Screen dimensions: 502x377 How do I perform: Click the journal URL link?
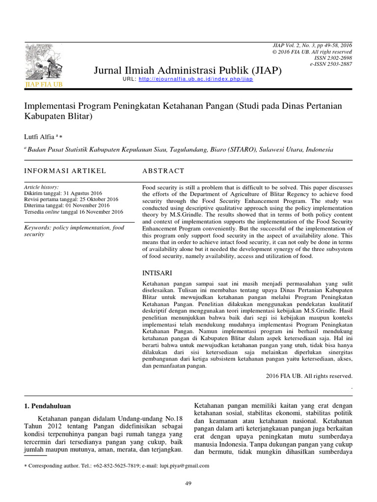[196, 79]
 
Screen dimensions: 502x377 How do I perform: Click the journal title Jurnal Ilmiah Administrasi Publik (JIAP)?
[188, 71]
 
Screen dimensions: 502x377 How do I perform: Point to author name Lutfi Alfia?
[40, 136]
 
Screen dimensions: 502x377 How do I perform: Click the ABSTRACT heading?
[163, 171]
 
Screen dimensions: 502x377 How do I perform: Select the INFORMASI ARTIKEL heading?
[65, 171]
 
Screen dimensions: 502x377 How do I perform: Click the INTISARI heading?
[157, 273]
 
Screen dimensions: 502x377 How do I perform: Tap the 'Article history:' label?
[42, 187]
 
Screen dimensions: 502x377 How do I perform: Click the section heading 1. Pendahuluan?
[48, 406]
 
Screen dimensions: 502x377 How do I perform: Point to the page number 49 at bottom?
[188, 483]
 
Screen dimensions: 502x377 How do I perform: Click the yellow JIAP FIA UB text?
[44, 84]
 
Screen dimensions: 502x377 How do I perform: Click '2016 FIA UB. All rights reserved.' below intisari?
[309, 376]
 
